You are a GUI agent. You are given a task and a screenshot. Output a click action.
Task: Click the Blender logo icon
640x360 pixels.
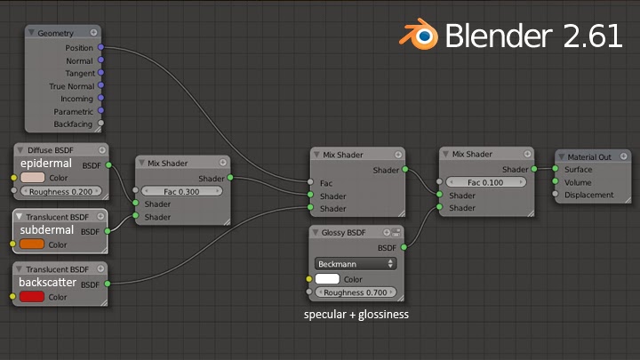pyautogui.click(x=419, y=35)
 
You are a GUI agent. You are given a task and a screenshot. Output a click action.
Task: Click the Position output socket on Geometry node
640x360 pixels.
pyautogui.click(x=100, y=47)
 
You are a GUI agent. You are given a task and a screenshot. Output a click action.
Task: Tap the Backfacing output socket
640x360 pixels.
pyautogui.click(x=100, y=123)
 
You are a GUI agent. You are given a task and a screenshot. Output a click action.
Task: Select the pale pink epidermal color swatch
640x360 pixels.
pyautogui.click(x=32, y=178)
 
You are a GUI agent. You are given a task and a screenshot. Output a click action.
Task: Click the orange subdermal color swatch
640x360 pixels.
pyautogui.click(x=32, y=244)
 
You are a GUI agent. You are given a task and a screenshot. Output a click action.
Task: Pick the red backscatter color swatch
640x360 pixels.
pyautogui.click(x=32, y=296)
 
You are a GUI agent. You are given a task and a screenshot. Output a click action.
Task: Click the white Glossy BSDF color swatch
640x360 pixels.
pyautogui.click(x=327, y=279)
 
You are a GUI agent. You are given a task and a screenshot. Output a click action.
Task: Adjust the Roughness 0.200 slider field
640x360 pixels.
pyautogui.click(x=60, y=191)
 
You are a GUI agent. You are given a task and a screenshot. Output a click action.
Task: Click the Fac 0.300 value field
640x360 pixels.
pyautogui.click(x=181, y=191)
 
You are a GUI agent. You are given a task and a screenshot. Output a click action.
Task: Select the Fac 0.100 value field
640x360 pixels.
pyautogui.click(x=485, y=182)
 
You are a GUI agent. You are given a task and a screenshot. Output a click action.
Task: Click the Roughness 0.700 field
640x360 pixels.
pyautogui.click(x=355, y=292)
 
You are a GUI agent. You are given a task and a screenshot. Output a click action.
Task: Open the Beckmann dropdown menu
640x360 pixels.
pyautogui.click(x=355, y=264)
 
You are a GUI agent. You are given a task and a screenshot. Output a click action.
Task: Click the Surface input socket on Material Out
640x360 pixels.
pyautogui.click(x=555, y=169)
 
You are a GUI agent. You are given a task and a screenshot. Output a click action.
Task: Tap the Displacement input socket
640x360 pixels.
pyautogui.click(x=555, y=194)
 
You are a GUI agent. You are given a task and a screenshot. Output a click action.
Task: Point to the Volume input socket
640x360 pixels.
pyautogui.click(x=555, y=181)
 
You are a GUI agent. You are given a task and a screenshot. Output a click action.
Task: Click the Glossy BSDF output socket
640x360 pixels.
pyautogui.click(x=404, y=247)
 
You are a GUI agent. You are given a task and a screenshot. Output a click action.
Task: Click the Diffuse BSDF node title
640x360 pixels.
pyautogui.click(x=50, y=150)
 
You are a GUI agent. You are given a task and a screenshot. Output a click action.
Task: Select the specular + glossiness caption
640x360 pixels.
pyautogui.click(x=356, y=315)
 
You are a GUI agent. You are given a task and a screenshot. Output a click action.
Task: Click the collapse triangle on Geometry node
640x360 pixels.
pyautogui.click(x=31, y=32)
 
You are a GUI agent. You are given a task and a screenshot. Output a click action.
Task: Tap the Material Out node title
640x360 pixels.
pyautogui.click(x=589, y=157)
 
